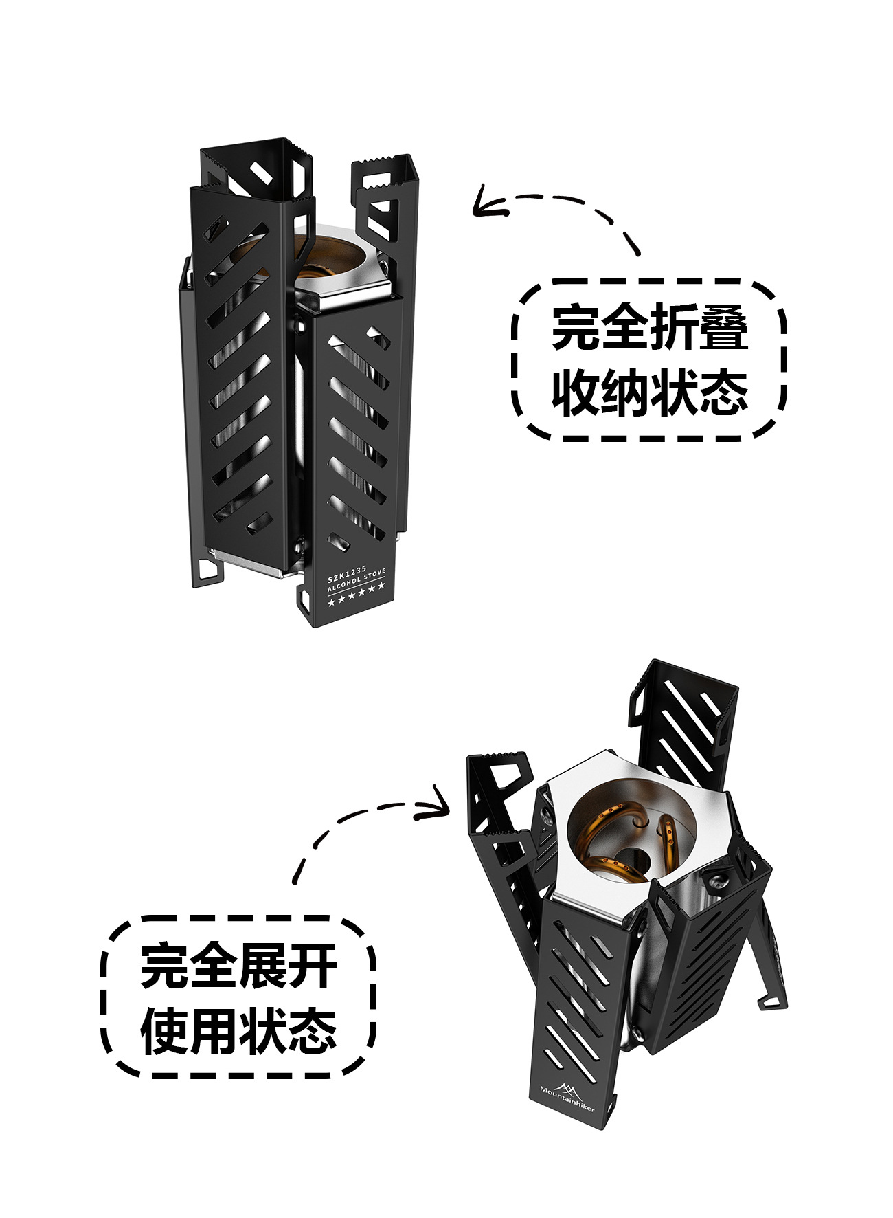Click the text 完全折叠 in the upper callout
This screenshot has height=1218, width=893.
(x=649, y=329)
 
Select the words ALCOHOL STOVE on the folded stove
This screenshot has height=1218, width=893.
(x=357, y=583)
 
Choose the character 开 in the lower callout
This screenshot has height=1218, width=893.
(x=312, y=966)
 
